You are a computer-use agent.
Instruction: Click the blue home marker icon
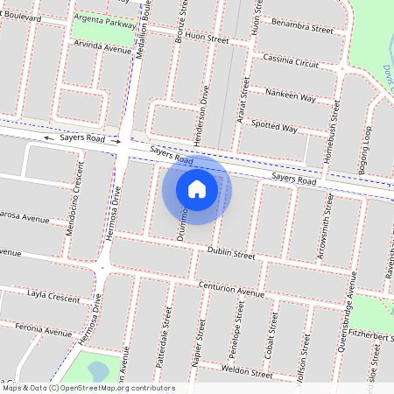tap(197, 189)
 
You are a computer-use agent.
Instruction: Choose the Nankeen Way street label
tap(290, 96)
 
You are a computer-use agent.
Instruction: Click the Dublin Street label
tap(231, 253)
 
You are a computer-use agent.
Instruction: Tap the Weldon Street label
tap(249, 371)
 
